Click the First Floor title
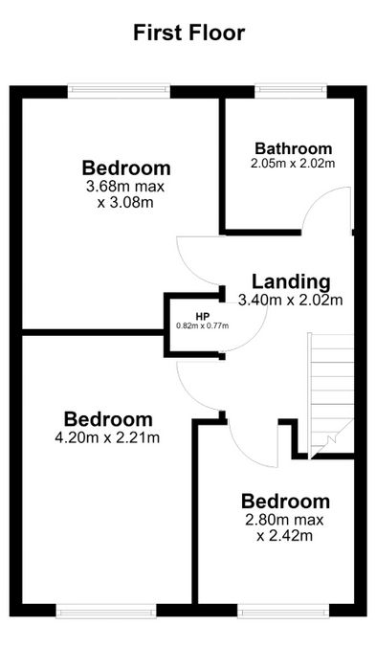point(189,33)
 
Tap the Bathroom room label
point(293,148)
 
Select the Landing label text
point(291,282)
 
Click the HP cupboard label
point(202,317)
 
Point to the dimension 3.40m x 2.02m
point(291,301)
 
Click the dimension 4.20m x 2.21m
point(107,437)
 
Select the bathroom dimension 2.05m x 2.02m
point(293,164)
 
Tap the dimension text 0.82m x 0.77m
point(203,326)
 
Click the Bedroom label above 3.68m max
point(126,167)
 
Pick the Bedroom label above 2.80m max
point(285,502)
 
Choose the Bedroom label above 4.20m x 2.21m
point(108,419)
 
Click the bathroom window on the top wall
point(291,89)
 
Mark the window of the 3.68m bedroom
point(120,89)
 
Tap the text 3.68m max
point(125,187)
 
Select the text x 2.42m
point(284,535)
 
